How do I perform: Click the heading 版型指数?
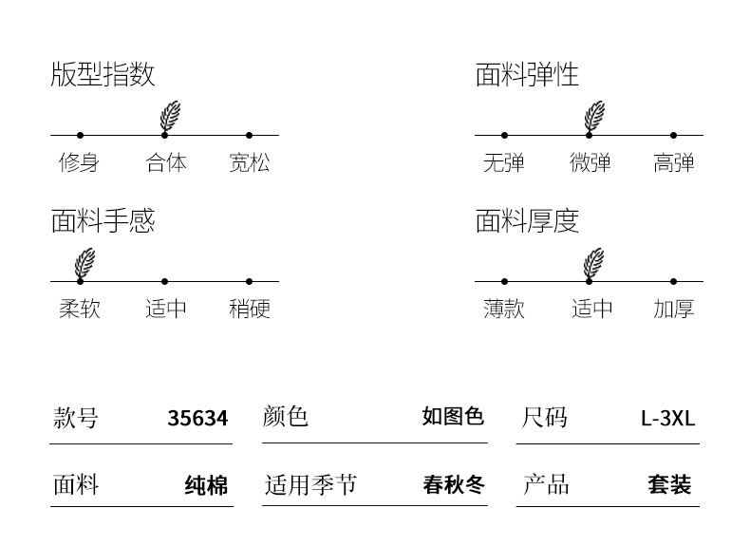[x=103, y=75]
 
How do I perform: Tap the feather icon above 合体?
[x=170, y=116]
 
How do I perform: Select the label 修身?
[x=79, y=163]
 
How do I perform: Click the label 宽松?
[x=249, y=163]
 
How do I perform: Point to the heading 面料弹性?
[x=527, y=75]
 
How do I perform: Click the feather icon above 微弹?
[x=594, y=116]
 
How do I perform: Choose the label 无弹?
[x=503, y=163]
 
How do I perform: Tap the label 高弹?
[x=673, y=163]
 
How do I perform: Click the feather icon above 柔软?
[x=85, y=262]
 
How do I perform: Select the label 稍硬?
[x=249, y=309]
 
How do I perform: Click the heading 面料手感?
[x=103, y=221]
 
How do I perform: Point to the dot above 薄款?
[x=504, y=281]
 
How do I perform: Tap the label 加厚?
[x=673, y=309]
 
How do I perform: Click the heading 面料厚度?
[x=527, y=221]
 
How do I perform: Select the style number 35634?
[x=197, y=418]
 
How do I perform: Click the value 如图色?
[x=453, y=417]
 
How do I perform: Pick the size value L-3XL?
[x=667, y=418]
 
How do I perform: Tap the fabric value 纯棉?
[x=206, y=486]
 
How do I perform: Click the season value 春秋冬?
[x=453, y=485]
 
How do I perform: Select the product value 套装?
[x=669, y=485]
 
